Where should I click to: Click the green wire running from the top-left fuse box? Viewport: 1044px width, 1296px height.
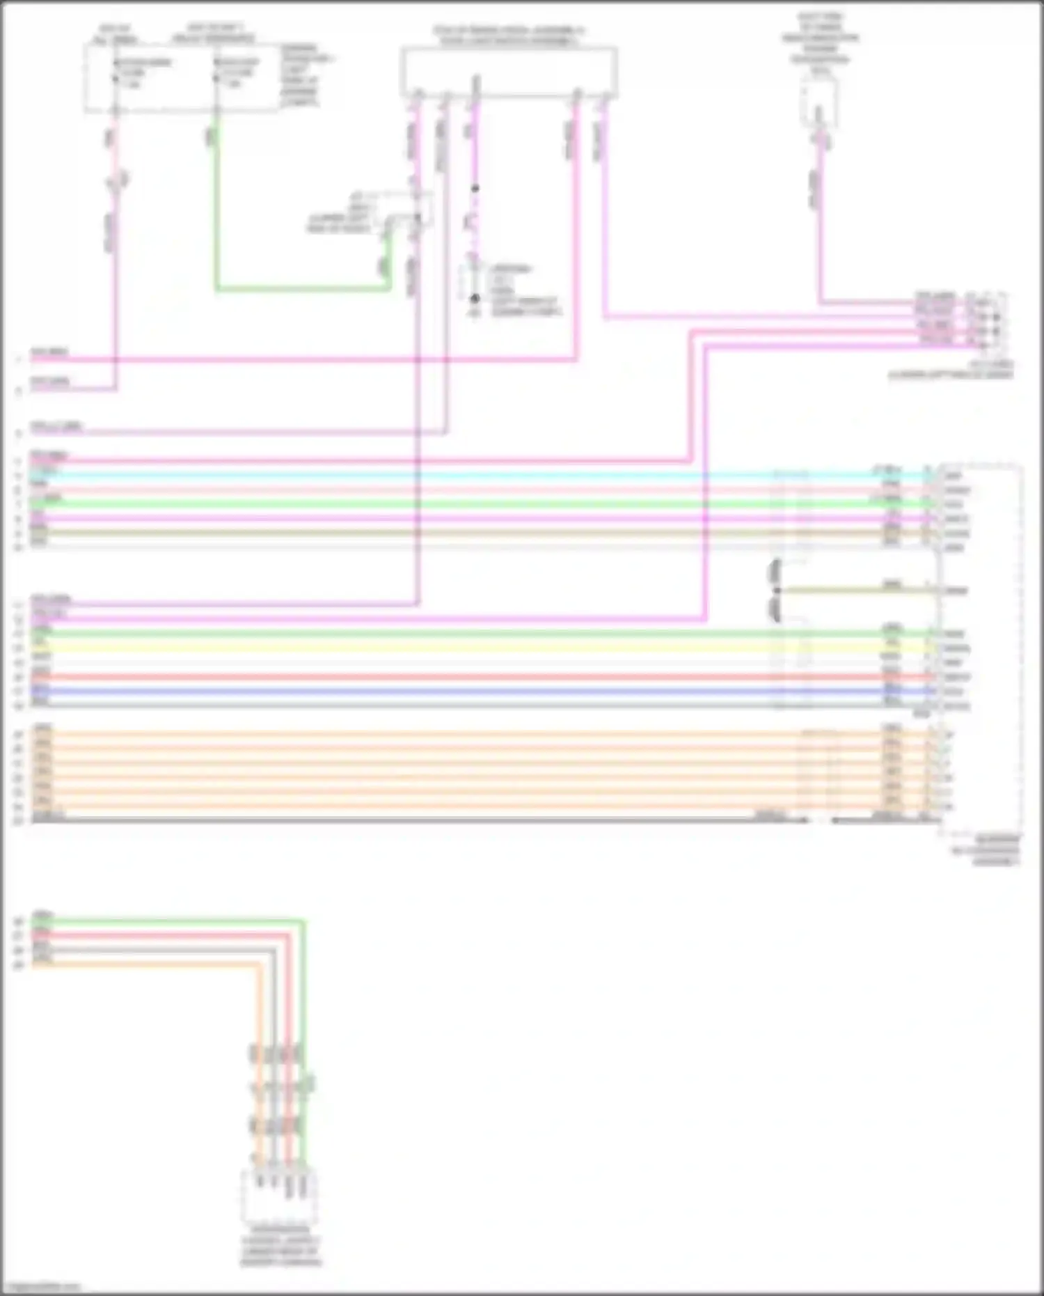click(x=299, y=288)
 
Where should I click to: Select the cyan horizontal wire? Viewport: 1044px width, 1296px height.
click(x=418, y=476)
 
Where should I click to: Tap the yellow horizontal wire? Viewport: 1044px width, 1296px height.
click(x=418, y=648)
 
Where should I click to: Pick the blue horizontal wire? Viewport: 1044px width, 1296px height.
click(x=418, y=692)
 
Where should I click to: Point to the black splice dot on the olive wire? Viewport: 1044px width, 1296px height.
click(x=777, y=591)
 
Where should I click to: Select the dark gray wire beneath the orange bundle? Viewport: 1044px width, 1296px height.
click(x=418, y=820)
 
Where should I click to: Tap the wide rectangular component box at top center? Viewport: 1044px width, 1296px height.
click(x=508, y=70)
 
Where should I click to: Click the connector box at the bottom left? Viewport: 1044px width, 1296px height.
click(x=279, y=1196)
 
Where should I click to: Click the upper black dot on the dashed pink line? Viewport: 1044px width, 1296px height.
click(x=475, y=189)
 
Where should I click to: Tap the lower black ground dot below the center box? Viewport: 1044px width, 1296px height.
click(x=475, y=298)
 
